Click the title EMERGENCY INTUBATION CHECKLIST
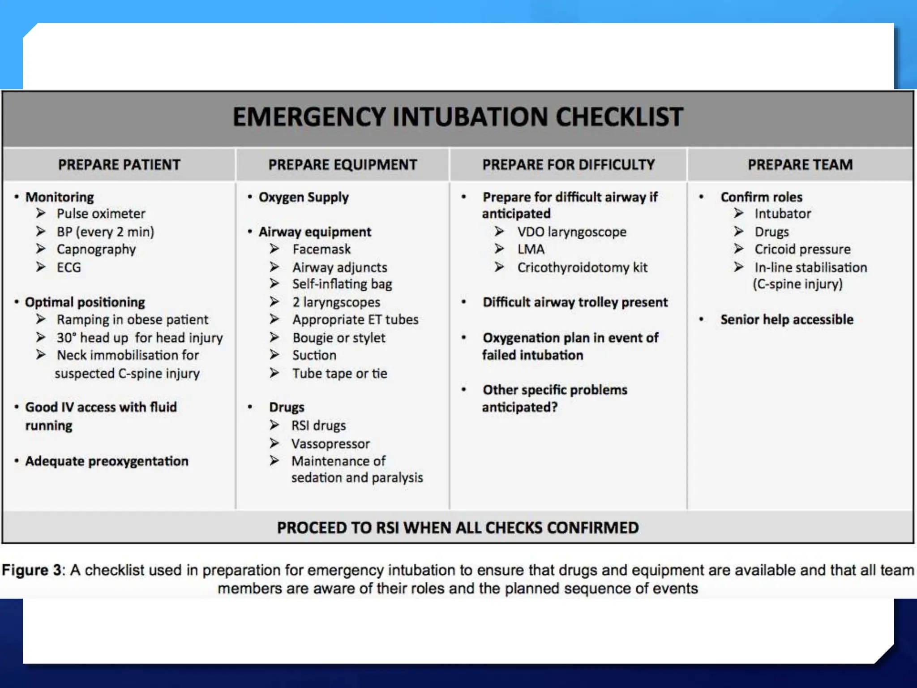pos(458,117)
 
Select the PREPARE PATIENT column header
pos(119,165)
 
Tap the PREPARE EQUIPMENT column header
pos(343,165)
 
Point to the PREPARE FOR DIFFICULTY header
pos(568,165)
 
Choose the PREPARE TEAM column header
pos(800,165)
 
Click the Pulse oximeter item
pos(101,214)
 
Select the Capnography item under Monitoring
pos(96,249)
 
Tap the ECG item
pos(69,267)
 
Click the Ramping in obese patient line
pos(132,320)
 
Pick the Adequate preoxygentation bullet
pos(107,461)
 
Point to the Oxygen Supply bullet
pos(303,198)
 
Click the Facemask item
pos(321,249)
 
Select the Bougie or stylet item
pos(339,338)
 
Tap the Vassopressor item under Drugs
pos(330,444)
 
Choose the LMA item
pos(531,249)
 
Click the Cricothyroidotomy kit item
pos(582,268)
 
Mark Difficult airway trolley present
pos(575,302)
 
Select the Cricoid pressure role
pos(802,249)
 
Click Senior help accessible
pos(787,320)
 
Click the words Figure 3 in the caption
pos(31,570)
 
